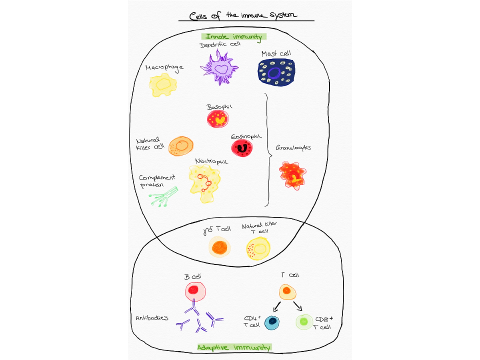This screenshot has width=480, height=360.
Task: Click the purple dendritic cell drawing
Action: [x=219, y=68]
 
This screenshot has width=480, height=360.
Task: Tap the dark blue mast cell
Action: [x=276, y=73]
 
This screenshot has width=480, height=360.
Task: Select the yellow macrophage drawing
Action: [x=163, y=85]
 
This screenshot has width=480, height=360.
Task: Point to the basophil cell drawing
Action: [x=218, y=119]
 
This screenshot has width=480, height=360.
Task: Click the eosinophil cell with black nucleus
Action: [x=242, y=148]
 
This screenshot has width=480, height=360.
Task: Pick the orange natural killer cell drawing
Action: [x=181, y=146]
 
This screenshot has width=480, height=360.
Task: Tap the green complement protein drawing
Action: [x=163, y=197]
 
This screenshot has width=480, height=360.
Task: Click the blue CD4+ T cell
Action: [x=272, y=323]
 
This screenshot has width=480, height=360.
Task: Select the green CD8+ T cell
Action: [x=304, y=322]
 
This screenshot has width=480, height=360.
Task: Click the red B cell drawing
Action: [x=195, y=291]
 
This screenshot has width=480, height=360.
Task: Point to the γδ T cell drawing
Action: [x=220, y=247]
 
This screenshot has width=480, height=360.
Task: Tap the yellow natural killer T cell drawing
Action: [x=258, y=248]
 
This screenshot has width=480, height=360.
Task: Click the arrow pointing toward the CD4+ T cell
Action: [x=277, y=307]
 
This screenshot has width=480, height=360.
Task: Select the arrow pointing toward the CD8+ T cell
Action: [x=298, y=306]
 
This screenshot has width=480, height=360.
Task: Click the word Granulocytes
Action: [x=293, y=148]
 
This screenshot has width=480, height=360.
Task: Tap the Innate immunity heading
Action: [x=234, y=37]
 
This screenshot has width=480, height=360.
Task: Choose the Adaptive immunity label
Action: [x=234, y=348]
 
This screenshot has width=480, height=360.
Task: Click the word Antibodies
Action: [x=152, y=318]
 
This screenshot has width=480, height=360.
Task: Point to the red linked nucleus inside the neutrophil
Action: [x=205, y=182]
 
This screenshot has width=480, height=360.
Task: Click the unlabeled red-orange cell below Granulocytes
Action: [x=292, y=175]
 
